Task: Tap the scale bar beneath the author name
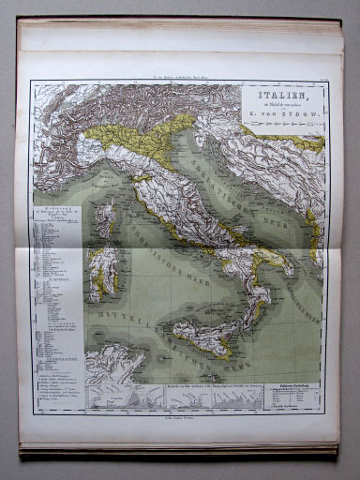point(280,126)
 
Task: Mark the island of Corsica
point(108,217)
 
